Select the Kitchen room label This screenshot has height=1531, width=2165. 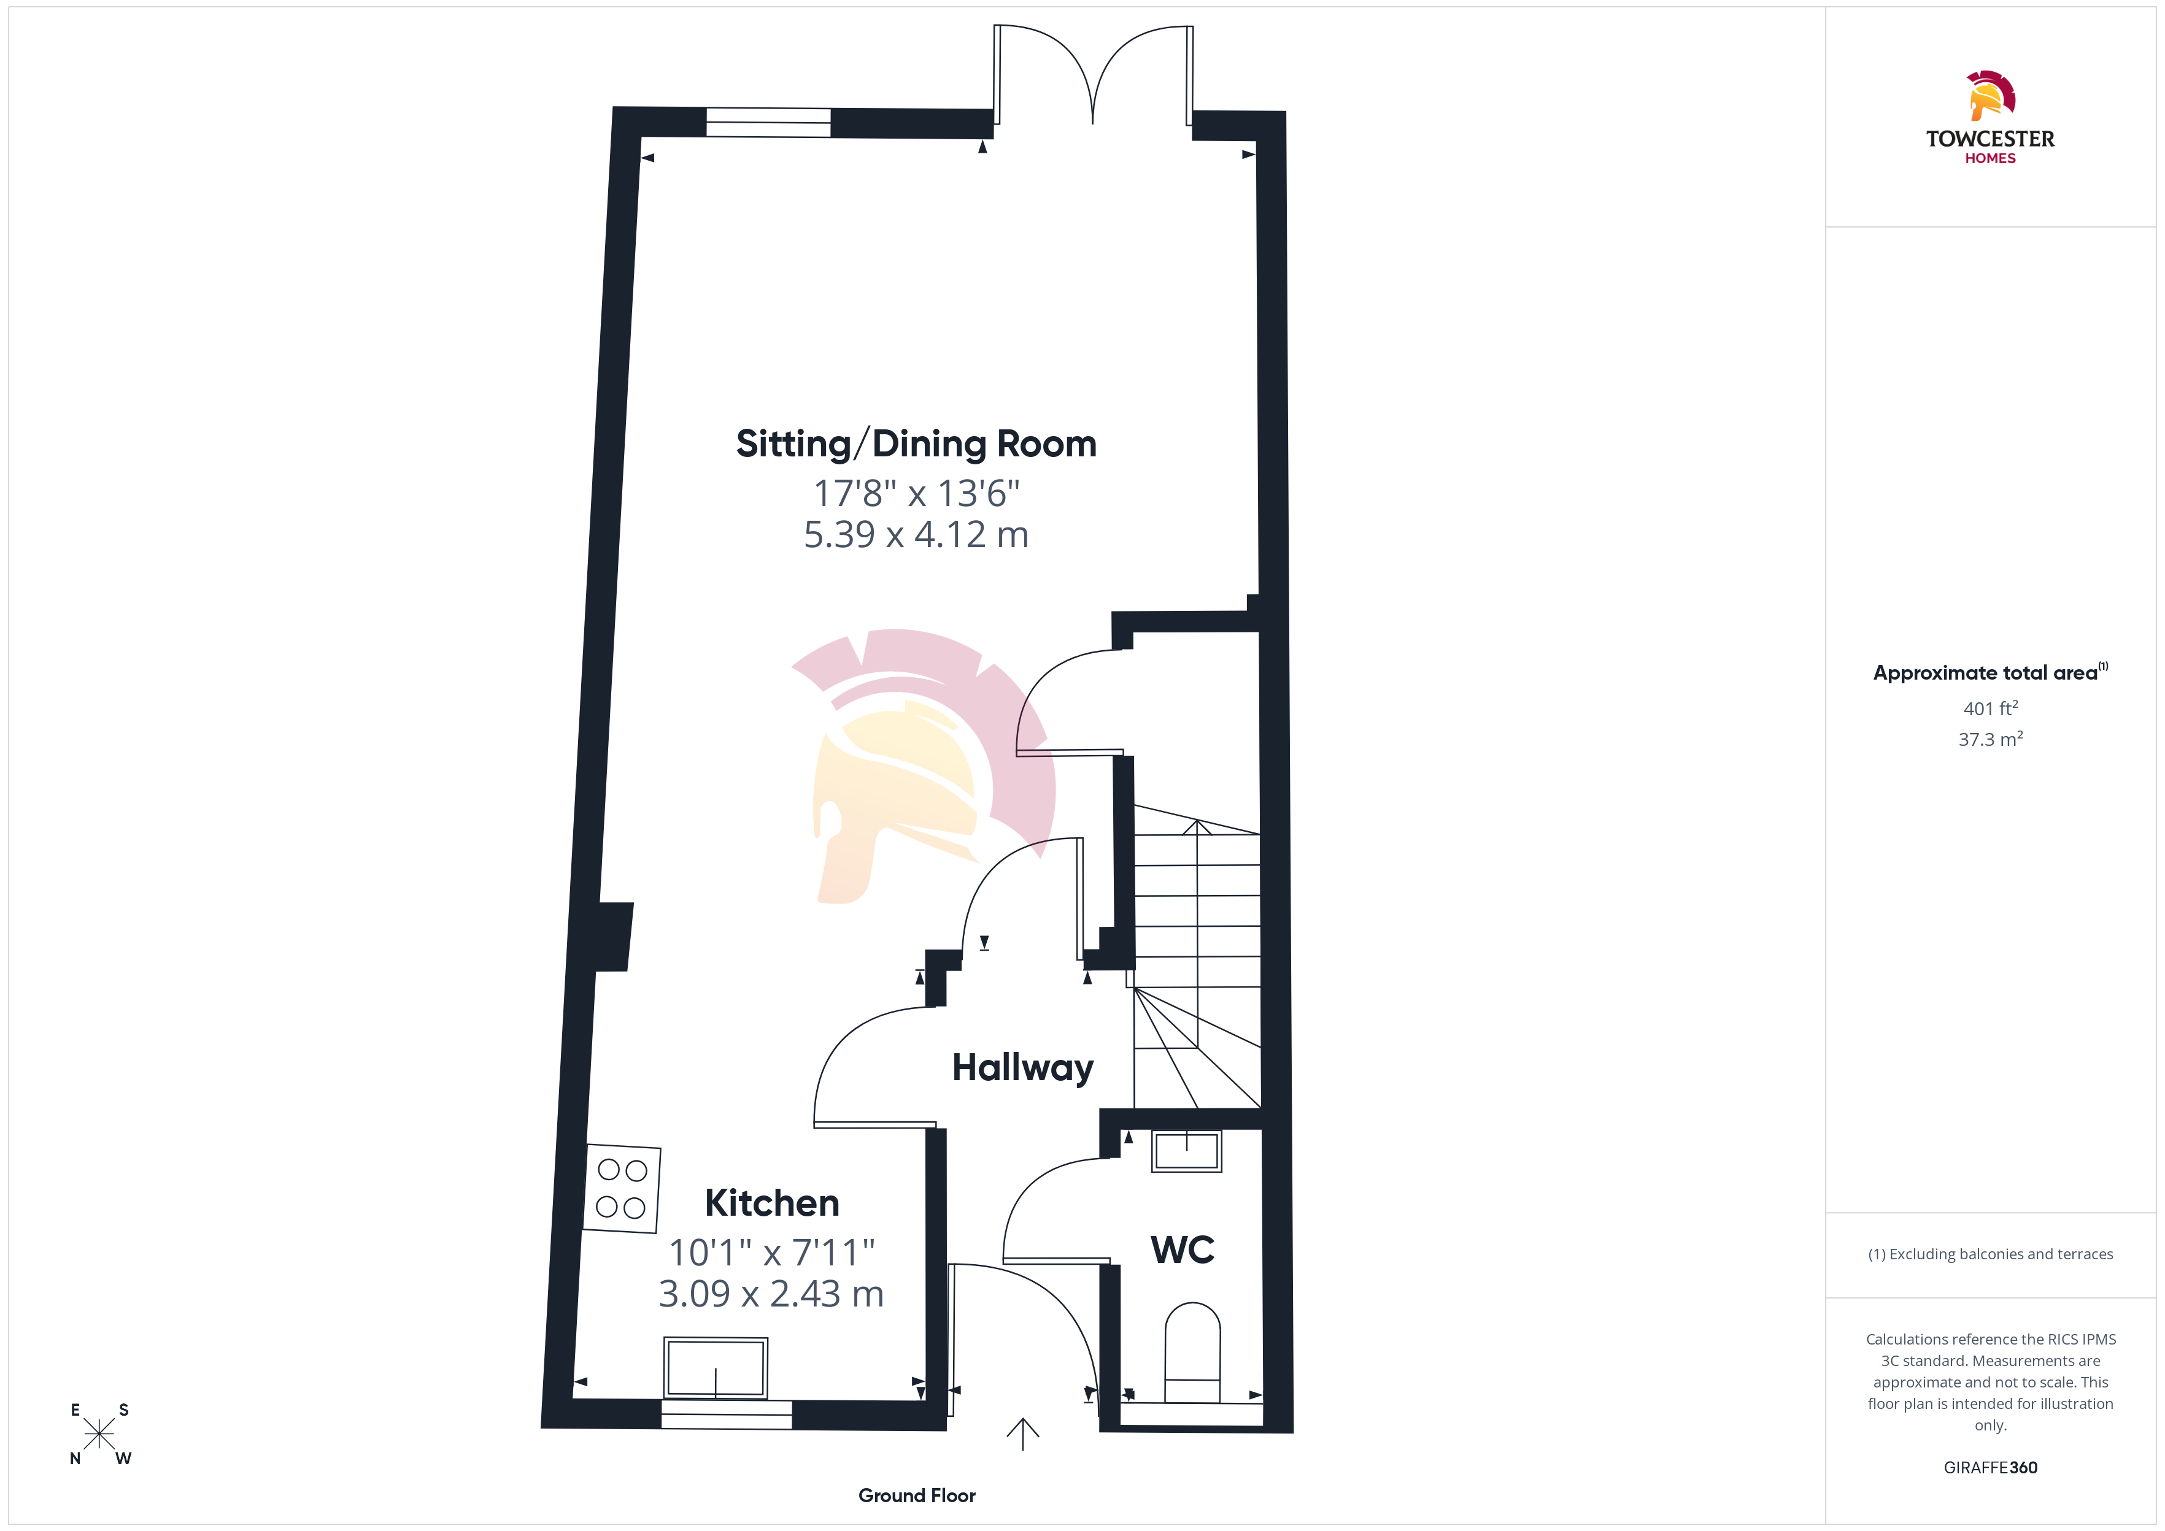(x=771, y=1204)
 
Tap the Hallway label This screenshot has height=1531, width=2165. (x=1023, y=1068)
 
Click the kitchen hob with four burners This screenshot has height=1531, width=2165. (x=622, y=1189)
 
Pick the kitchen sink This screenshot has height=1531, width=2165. (x=716, y=1368)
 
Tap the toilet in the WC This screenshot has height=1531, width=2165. (x=1193, y=1353)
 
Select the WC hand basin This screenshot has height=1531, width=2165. (x=1186, y=1151)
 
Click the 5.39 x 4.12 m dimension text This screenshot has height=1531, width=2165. (x=916, y=534)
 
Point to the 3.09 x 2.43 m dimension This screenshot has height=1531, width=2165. (x=771, y=1294)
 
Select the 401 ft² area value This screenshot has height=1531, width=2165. (x=1991, y=708)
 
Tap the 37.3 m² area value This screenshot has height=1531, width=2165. (x=1991, y=739)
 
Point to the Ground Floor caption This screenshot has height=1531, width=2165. (x=917, y=1495)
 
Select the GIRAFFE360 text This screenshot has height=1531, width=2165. (x=1991, y=1468)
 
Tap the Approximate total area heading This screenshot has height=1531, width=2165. (x=1991, y=672)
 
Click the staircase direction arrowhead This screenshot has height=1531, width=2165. (x=1197, y=827)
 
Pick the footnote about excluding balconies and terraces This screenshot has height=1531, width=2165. (x=1991, y=1254)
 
